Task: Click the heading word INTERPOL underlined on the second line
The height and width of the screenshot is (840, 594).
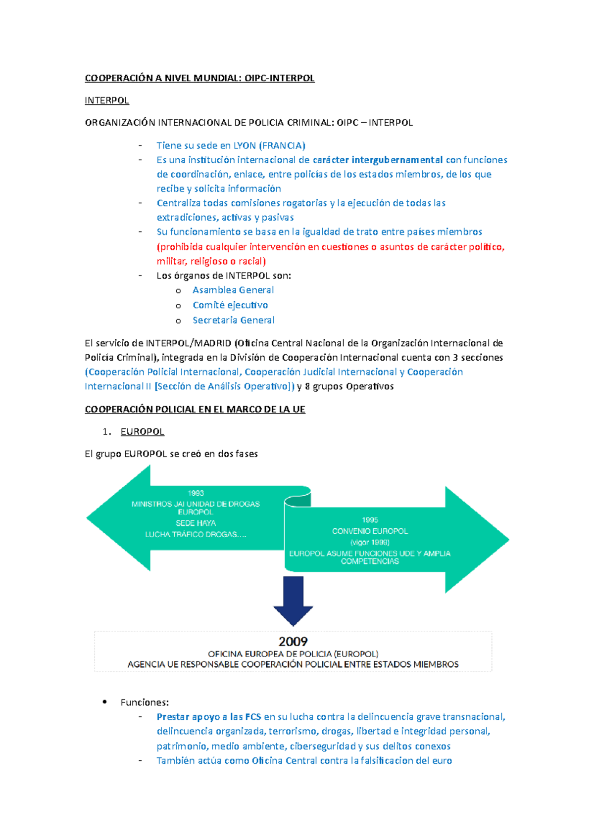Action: (106, 100)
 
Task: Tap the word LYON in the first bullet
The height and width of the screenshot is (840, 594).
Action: (245, 145)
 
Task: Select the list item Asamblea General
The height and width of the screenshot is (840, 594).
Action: (233, 290)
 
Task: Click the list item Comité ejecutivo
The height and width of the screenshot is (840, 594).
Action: (230, 305)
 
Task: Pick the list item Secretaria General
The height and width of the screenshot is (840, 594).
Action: (234, 320)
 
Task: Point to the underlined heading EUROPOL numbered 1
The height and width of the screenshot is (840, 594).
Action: (142, 432)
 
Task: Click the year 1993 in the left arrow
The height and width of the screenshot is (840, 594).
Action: (196, 493)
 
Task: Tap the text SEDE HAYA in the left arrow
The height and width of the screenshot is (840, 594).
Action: (196, 523)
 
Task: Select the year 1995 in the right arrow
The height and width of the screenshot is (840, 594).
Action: (370, 520)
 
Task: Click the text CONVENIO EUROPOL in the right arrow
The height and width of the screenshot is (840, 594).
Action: (370, 531)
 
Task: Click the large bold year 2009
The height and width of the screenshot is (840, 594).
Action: (293, 642)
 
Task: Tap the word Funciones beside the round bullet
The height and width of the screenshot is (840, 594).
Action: (145, 702)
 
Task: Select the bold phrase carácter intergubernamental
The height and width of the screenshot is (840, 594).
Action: (378, 160)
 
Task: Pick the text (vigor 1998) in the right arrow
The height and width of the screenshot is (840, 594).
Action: (370, 542)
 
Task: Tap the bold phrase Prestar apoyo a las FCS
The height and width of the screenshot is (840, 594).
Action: (208, 717)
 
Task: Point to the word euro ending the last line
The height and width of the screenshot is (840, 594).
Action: (442, 760)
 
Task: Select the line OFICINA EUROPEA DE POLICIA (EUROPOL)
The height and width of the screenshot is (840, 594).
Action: (293, 654)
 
